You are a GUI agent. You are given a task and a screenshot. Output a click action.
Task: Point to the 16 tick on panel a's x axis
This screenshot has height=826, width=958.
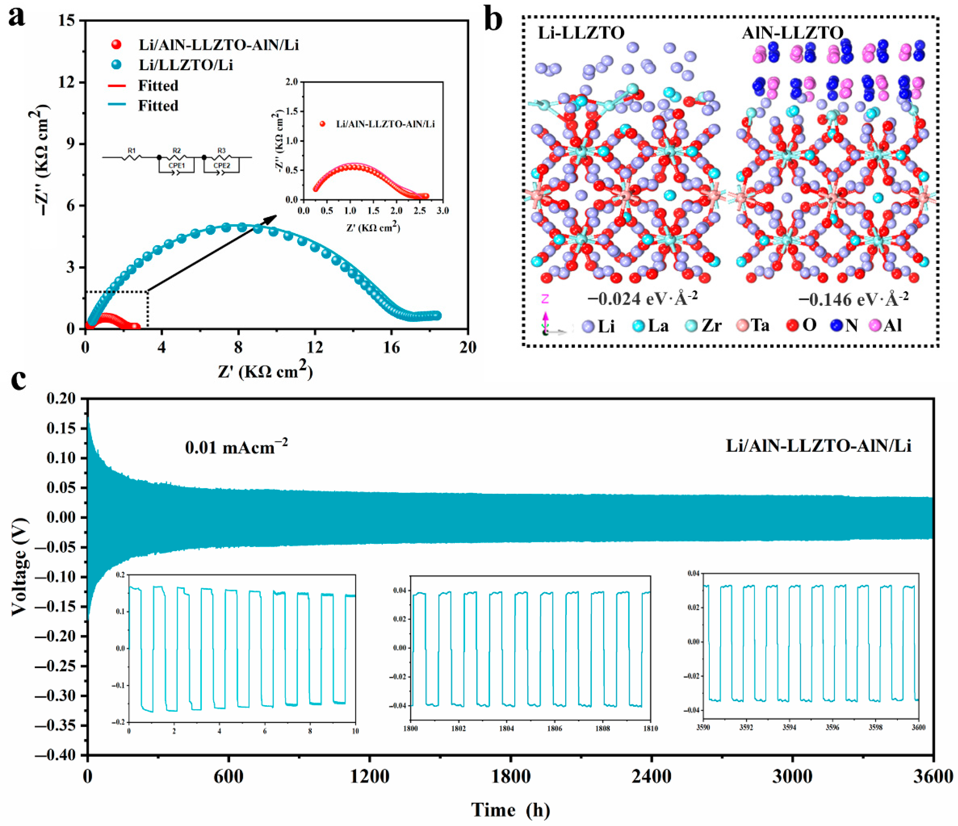[391, 347]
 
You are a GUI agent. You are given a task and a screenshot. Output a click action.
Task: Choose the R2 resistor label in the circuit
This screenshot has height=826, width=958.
[177, 151]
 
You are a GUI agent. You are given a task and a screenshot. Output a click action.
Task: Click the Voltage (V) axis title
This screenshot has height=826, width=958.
[19, 567]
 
